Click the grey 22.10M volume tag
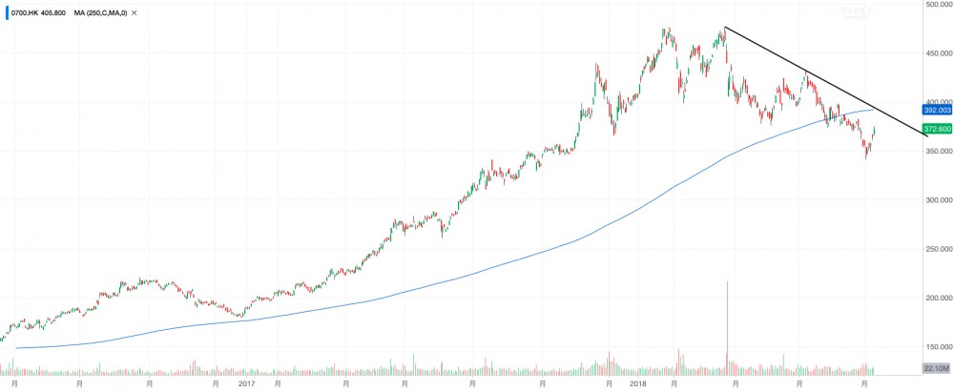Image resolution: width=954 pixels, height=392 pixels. [938, 368]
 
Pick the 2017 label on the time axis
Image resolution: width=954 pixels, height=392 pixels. [246, 383]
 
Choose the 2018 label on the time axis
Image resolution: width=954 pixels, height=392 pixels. [639, 383]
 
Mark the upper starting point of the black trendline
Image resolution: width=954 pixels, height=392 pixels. [725, 28]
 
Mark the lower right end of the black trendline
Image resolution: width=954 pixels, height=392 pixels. [926, 135]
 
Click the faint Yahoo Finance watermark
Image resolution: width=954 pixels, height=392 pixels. [854, 10]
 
